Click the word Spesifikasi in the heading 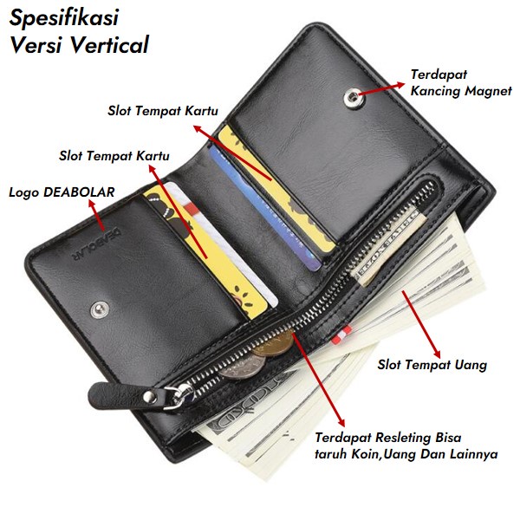65,18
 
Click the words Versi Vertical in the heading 80,45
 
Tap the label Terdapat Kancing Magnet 461,82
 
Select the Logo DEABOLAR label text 62,192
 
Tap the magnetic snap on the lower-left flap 101,307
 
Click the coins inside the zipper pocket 260,355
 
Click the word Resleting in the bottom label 406,436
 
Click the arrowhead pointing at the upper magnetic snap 362,90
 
